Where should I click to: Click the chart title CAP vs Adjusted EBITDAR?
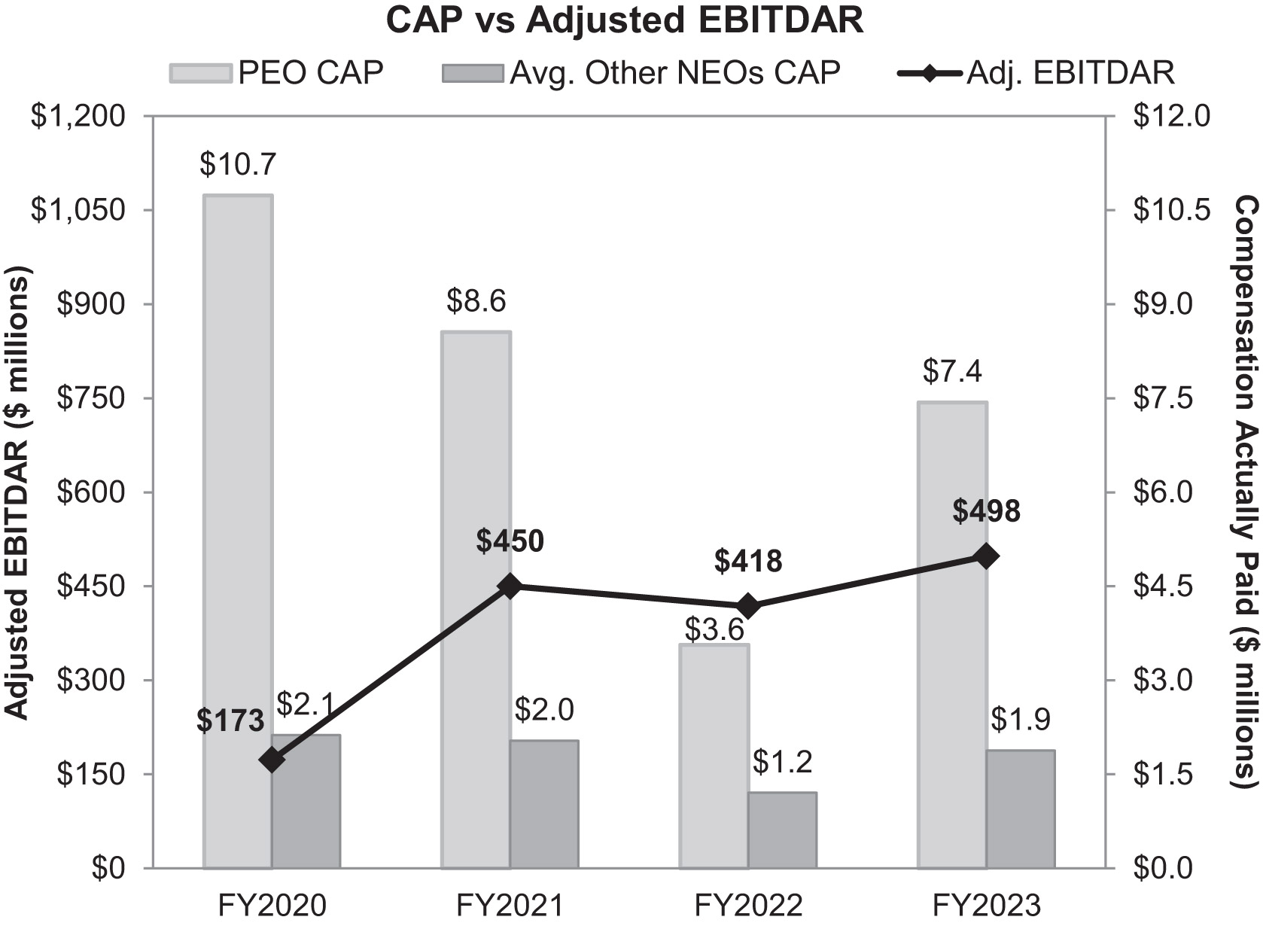(x=624, y=20)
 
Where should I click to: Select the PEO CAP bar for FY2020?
(x=238, y=527)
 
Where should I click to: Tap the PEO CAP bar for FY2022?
(x=714, y=753)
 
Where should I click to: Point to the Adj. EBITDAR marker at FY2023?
(x=986, y=556)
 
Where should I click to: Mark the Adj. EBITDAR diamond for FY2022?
(x=748, y=605)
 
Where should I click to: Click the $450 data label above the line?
(x=510, y=541)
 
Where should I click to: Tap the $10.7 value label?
(x=238, y=163)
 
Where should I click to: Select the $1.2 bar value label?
(x=782, y=763)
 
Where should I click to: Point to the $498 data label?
(x=986, y=511)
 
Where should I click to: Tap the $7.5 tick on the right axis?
(x=1171, y=398)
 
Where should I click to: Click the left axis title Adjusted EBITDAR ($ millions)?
(x=17, y=492)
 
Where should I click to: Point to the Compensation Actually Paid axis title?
(x=1246, y=492)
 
